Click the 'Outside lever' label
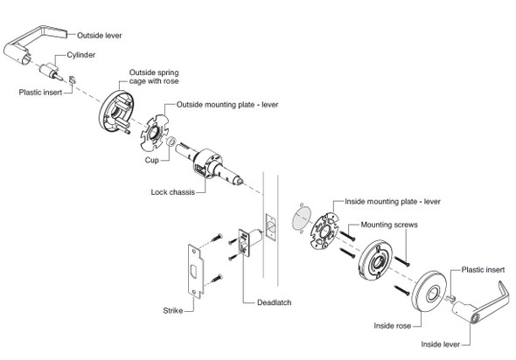pyautogui.click(x=100, y=35)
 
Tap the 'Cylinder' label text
pyautogui.click(x=81, y=55)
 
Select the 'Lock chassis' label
pyautogui.click(x=173, y=192)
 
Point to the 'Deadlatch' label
pyautogui.click(x=274, y=302)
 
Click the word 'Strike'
pyautogui.click(x=173, y=310)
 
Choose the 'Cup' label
pyautogui.click(x=151, y=160)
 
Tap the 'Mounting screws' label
pyautogui.click(x=389, y=225)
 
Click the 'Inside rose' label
pyautogui.click(x=393, y=326)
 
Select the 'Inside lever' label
pyautogui.click(x=440, y=344)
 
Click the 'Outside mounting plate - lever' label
pyautogui.click(x=227, y=105)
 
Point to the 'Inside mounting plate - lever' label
pyautogui.click(x=393, y=201)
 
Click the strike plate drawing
pyautogui.click(x=196, y=271)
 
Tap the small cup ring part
pyautogui.click(x=171, y=142)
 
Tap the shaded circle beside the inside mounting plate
pyautogui.click(x=302, y=218)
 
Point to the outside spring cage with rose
pyautogui.click(x=116, y=113)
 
